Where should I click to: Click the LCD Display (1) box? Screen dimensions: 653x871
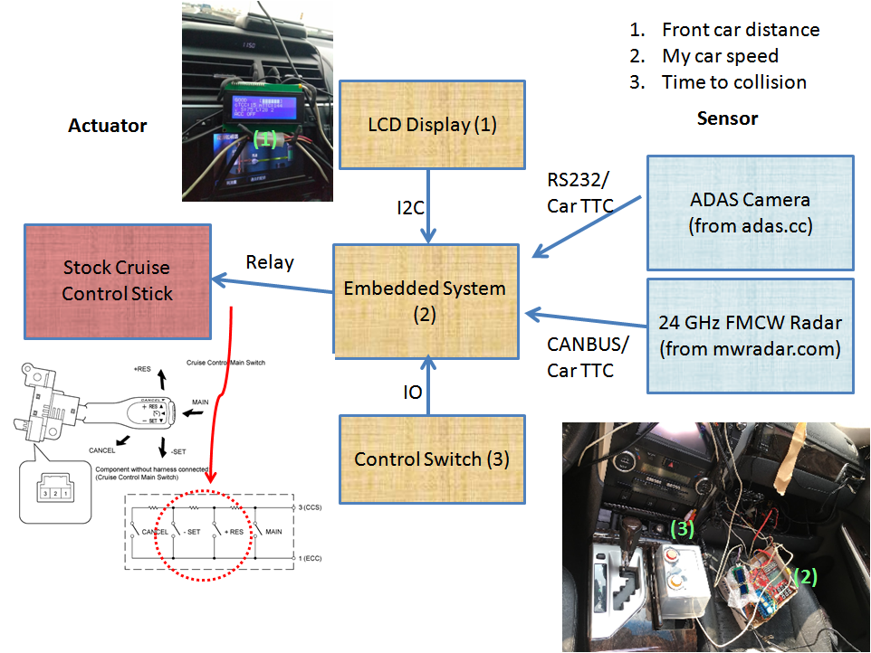click(x=432, y=125)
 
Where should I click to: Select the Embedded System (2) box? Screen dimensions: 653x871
click(x=425, y=300)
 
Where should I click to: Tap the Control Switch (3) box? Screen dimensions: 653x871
click(x=432, y=459)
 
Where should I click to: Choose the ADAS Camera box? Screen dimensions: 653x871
click(x=750, y=213)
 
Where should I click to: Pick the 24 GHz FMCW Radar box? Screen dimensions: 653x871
click(x=750, y=336)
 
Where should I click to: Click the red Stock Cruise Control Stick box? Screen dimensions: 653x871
click(x=117, y=280)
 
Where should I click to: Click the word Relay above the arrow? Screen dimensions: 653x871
click(x=270, y=262)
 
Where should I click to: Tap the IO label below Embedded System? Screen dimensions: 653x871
click(x=411, y=393)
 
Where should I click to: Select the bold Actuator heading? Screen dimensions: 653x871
click(x=107, y=126)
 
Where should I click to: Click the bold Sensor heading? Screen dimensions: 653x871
click(x=727, y=118)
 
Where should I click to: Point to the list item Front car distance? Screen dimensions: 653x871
click(x=740, y=30)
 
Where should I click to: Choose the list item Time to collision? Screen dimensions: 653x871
click(x=733, y=82)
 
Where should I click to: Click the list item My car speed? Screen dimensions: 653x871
click(x=720, y=56)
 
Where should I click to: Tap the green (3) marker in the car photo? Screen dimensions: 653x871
click(x=682, y=526)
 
